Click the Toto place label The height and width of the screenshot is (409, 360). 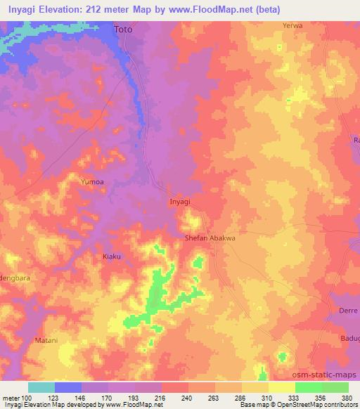[x=123, y=30]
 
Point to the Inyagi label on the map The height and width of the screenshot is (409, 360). [x=180, y=202]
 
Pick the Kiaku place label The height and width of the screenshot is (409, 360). [x=112, y=256]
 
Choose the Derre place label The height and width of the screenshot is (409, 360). [x=349, y=310]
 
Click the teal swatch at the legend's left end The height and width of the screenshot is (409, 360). [x=41, y=387]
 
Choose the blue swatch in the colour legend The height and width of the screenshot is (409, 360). [x=68, y=387]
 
